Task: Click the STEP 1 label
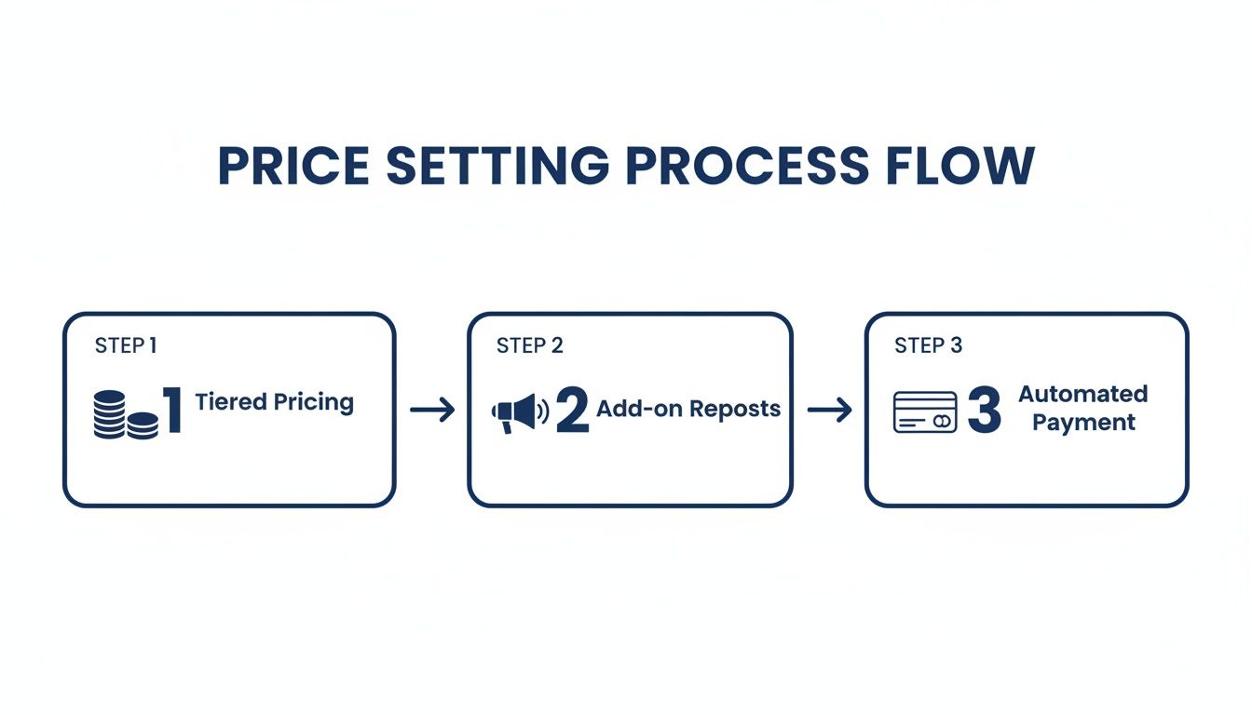[x=126, y=345]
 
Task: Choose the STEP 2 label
[x=529, y=345]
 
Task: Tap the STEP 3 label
[x=928, y=345]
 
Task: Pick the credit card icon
[x=924, y=411]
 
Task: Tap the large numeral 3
[x=984, y=411]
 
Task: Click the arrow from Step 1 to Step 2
[x=432, y=410]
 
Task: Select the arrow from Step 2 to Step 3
[x=829, y=410]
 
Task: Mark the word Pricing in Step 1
[x=313, y=403]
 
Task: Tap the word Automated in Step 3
[x=1082, y=394]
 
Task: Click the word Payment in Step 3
[x=1083, y=423]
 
